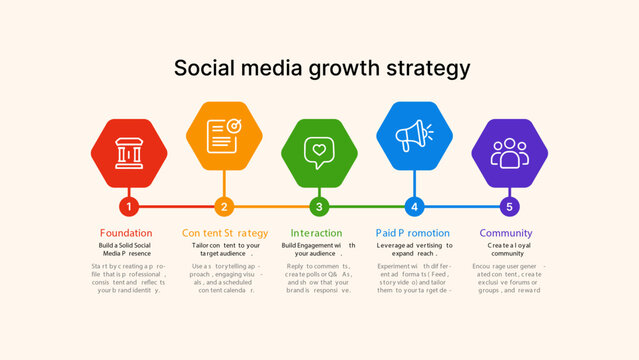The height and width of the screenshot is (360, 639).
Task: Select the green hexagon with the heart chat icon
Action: (x=319, y=152)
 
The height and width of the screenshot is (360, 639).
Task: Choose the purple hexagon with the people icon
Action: (x=509, y=152)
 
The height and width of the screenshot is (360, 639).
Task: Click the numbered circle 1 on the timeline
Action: (x=128, y=207)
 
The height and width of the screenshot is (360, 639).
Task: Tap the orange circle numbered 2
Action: (x=224, y=207)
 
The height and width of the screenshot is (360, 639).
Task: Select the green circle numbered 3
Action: (x=319, y=207)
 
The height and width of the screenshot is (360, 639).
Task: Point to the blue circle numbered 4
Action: (x=414, y=207)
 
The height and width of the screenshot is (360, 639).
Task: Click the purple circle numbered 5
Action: (x=509, y=207)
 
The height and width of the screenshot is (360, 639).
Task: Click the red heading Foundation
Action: (x=126, y=233)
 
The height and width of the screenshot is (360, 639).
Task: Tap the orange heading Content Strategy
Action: (x=225, y=233)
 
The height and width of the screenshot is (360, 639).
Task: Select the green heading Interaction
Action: (x=316, y=233)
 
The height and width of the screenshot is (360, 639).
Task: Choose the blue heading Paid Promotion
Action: (x=413, y=233)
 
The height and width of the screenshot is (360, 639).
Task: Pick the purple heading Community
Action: (x=506, y=233)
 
